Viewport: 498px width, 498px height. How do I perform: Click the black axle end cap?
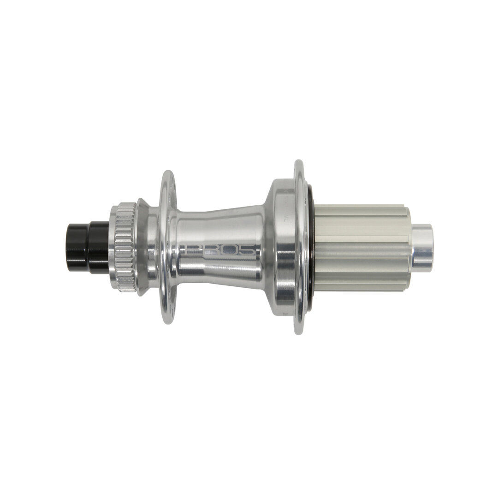click(88, 247)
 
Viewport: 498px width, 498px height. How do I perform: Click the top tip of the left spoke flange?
click(168, 173)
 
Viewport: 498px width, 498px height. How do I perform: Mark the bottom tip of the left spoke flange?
click(168, 321)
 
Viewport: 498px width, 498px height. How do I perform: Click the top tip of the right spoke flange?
click(299, 162)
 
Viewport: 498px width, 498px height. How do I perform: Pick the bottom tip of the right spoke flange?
click(299, 332)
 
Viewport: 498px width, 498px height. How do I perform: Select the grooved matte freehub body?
click(362, 247)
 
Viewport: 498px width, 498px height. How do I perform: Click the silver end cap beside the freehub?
click(422, 247)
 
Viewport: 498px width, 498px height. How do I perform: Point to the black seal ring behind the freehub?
click(311, 247)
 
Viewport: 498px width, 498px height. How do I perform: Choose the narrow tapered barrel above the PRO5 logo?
click(219, 221)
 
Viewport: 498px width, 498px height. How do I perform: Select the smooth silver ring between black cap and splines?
click(112, 247)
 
